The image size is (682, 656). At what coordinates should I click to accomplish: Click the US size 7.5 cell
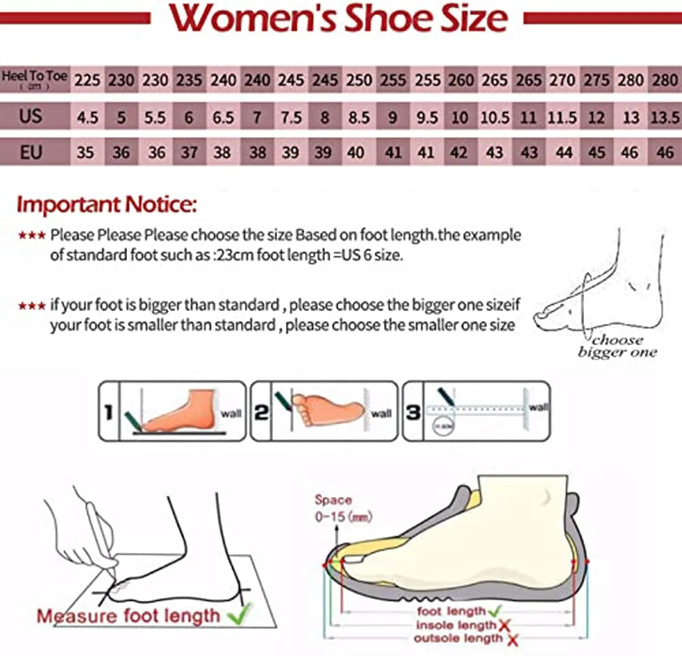[x=291, y=117]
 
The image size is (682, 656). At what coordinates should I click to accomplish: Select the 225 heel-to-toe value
[x=87, y=80]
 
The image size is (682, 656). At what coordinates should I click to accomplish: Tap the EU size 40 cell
[x=356, y=153]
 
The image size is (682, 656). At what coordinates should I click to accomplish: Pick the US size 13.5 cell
[x=665, y=117]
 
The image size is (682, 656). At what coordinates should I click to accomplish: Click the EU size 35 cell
[x=85, y=153]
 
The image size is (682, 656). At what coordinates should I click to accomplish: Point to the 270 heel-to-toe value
[x=562, y=80]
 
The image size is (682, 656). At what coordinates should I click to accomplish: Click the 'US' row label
[x=30, y=116]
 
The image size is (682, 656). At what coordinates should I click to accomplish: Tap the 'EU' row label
[x=30, y=152]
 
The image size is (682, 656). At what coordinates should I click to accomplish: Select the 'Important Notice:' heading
[x=107, y=205]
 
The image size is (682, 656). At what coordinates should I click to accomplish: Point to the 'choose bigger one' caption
[x=617, y=346]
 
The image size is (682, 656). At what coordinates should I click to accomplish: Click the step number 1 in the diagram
[x=109, y=412]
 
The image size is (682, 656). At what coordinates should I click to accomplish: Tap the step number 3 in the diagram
[x=413, y=412]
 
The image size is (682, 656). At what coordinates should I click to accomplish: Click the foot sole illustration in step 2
[x=327, y=410]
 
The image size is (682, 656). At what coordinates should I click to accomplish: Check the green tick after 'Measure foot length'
[x=239, y=615]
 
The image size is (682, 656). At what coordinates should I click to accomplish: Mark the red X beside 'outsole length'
[x=512, y=640]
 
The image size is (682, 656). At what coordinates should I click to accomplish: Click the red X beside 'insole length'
[x=504, y=626]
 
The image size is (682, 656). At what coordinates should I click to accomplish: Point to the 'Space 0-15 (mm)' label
[x=343, y=508]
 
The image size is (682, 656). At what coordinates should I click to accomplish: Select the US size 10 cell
[x=460, y=117]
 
